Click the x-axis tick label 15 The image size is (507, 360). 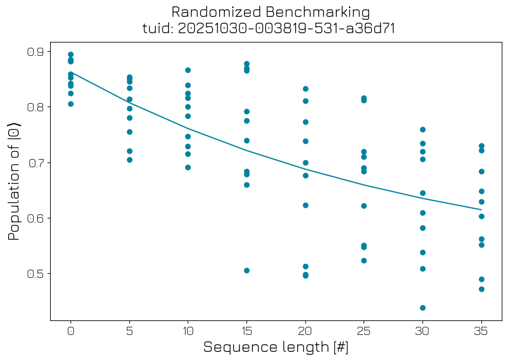pos(247,330)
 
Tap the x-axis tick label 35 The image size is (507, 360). pos(481,330)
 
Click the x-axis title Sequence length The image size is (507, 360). pos(276,347)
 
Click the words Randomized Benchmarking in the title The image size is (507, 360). pos(270,12)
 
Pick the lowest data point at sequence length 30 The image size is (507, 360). pos(423,308)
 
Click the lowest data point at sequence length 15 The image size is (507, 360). pos(247,270)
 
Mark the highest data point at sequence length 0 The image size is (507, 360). pos(71,55)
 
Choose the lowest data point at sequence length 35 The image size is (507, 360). pos(481,289)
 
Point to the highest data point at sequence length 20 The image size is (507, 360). pos(305,89)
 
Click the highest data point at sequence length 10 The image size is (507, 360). pos(188,70)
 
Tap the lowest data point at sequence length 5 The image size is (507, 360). pos(129,160)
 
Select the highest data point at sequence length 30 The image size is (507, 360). pos(423,129)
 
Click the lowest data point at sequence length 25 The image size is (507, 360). pos(364,260)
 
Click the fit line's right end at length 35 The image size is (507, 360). pos(481,210)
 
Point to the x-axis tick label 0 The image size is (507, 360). pos(71,330)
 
